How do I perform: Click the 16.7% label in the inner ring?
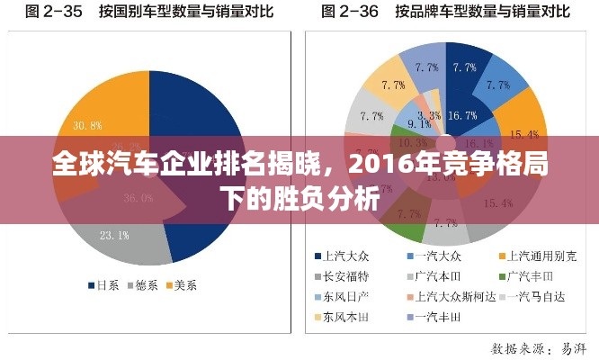461,115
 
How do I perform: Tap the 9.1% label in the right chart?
419,123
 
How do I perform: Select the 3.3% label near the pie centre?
430,115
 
